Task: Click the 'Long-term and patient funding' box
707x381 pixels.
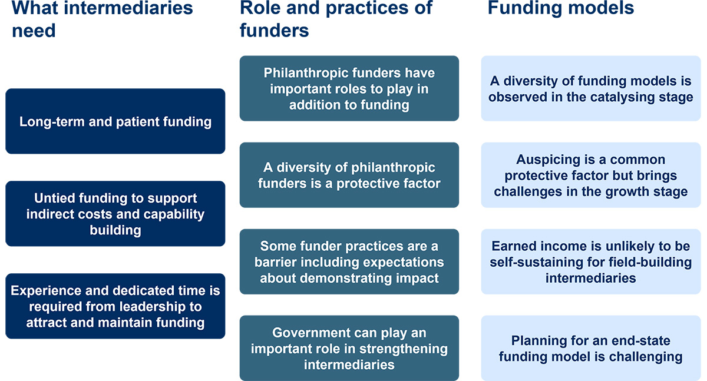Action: (x=115, y=121)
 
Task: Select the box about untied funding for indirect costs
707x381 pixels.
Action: (x=115, y=214)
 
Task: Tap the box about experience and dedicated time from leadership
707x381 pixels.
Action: (x=115, y=306)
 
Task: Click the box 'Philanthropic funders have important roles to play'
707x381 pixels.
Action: (x=349, y=88)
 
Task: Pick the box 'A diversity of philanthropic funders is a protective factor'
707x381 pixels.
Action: (x=349, y=175)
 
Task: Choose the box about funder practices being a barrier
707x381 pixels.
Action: (x=349, y=261)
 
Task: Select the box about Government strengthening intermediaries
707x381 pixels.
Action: (x=349, y=348)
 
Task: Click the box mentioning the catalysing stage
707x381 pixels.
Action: (x=591, y=88)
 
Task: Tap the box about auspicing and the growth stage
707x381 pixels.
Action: (x=591, y=175)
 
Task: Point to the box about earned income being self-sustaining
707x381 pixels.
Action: (x=591, y=261)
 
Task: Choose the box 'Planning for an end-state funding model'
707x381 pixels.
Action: (x=591, y=348)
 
